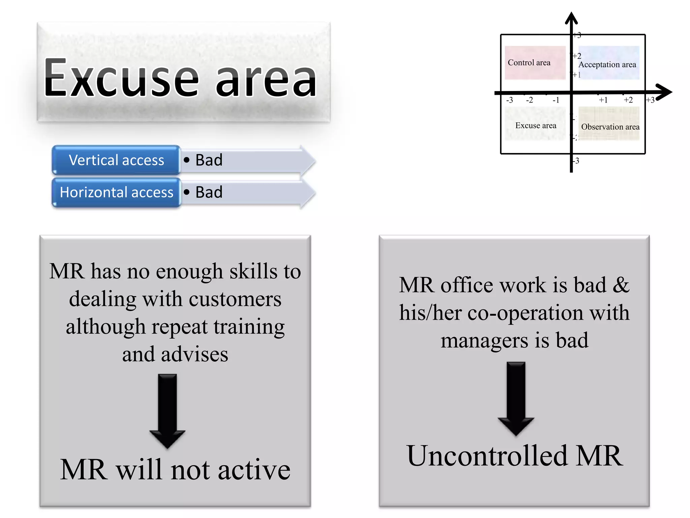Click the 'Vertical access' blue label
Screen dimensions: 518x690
click(116, 160)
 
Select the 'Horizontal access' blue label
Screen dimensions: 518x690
click(116, 193)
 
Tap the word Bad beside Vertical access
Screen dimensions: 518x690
click(209, 160)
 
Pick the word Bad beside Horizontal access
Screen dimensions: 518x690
click(209, 193)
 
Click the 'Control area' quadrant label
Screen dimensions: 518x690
click(529, 63)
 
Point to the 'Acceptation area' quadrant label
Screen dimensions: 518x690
click(607, 64)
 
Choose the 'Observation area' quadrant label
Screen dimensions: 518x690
click(610, 127)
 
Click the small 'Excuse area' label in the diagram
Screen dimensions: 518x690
click(536, 125)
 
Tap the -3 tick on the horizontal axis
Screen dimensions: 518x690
click(509, 100)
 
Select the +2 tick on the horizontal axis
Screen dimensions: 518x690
click(628, 100)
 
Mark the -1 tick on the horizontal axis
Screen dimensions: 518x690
click(556, 100)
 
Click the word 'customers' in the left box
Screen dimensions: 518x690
click(235, 299)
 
